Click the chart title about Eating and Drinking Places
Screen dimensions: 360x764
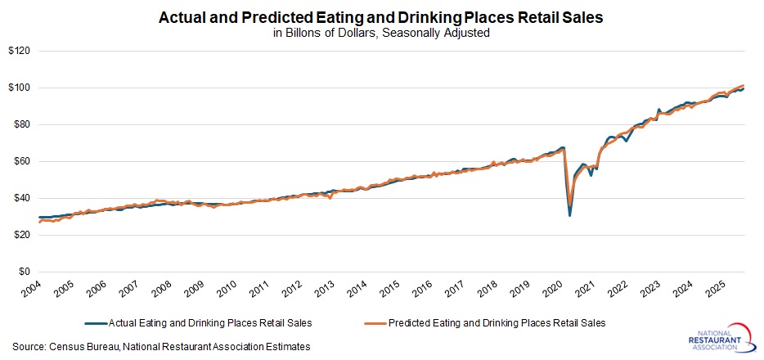(382, 18)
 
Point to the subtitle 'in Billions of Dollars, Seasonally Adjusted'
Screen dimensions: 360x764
(382, 34)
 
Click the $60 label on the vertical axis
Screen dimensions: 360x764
(20, 161)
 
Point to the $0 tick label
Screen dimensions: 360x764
(24, 272)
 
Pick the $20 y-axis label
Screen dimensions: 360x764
(20, 235)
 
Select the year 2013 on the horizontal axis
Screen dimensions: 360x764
(322, 291)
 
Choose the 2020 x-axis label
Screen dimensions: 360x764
(551, 291)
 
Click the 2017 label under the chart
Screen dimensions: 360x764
(453, 291)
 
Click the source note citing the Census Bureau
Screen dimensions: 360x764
(161, 347)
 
